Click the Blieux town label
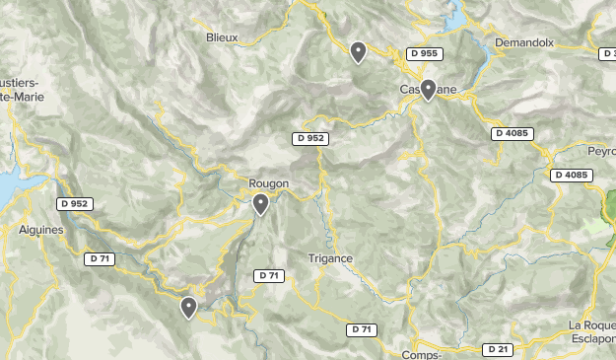[x=223, y=38]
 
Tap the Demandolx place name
[x=526, y=43]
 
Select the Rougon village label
[x=268, y=182]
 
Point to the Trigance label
[x=330, y=258]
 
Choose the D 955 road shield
[x=424, y=53]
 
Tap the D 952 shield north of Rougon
[x=310, y=138]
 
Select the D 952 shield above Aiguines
[x=74, y=204]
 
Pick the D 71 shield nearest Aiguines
[x=99, y=258]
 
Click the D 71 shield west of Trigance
[x=268, y=275]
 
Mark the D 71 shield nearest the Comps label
[x=362, y=329]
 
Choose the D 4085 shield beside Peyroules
[x=571, y=175]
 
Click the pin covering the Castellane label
[x=429, y=90]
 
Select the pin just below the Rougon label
[x=260, y=204]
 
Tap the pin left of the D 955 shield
[x=359, y=51]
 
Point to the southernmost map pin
[x=188, y=308]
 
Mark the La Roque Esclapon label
[x=592, y=333]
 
